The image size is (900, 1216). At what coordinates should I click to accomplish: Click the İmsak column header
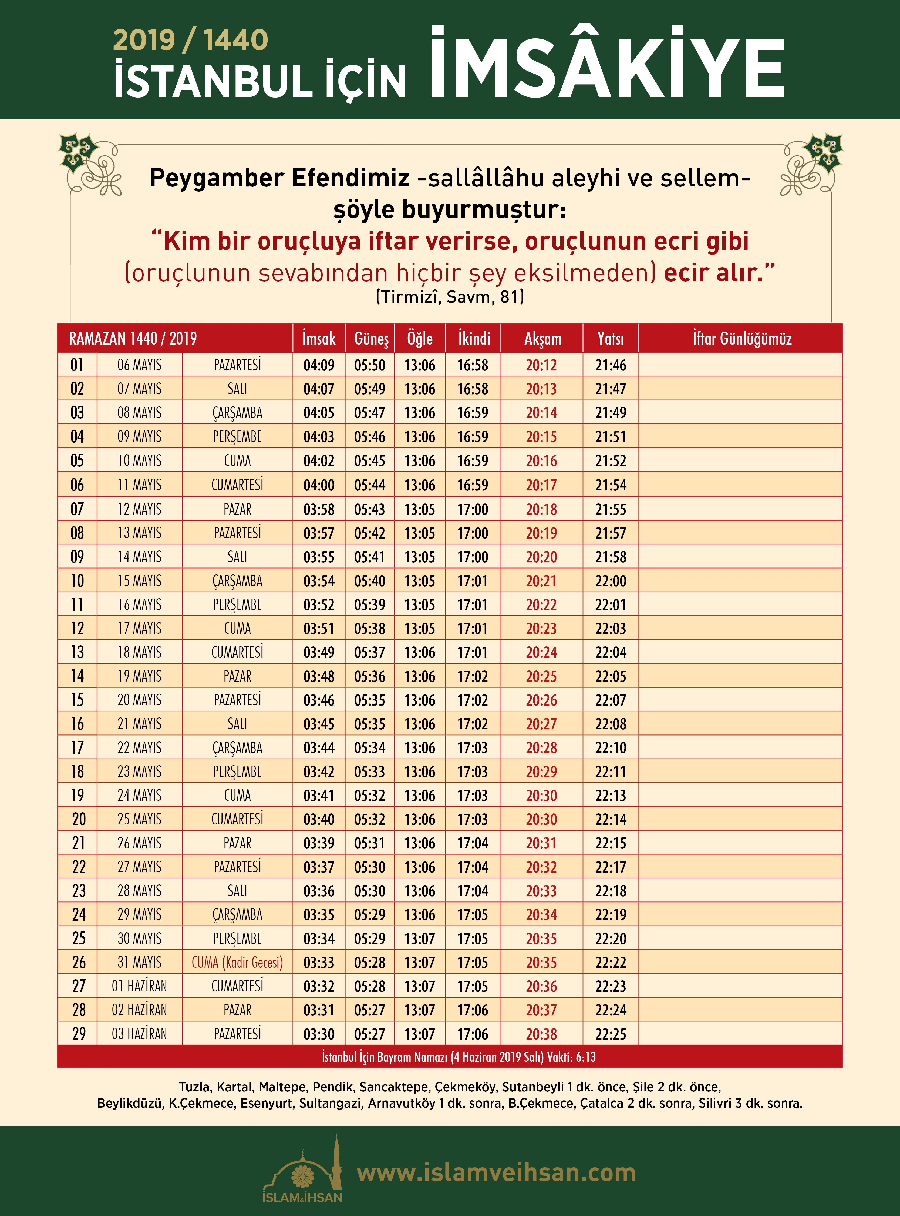[319, 339]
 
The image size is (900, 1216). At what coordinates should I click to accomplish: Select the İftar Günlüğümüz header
[741, 339]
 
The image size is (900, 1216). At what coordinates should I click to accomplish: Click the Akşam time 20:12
[541, 365]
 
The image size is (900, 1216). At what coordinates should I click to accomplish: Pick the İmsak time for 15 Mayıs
[319, 581]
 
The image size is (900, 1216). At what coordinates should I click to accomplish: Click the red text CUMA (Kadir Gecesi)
[237, 963]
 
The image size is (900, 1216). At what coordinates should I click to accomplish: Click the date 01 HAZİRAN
[139, 987]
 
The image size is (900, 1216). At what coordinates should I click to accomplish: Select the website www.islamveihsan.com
[496, 1173]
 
